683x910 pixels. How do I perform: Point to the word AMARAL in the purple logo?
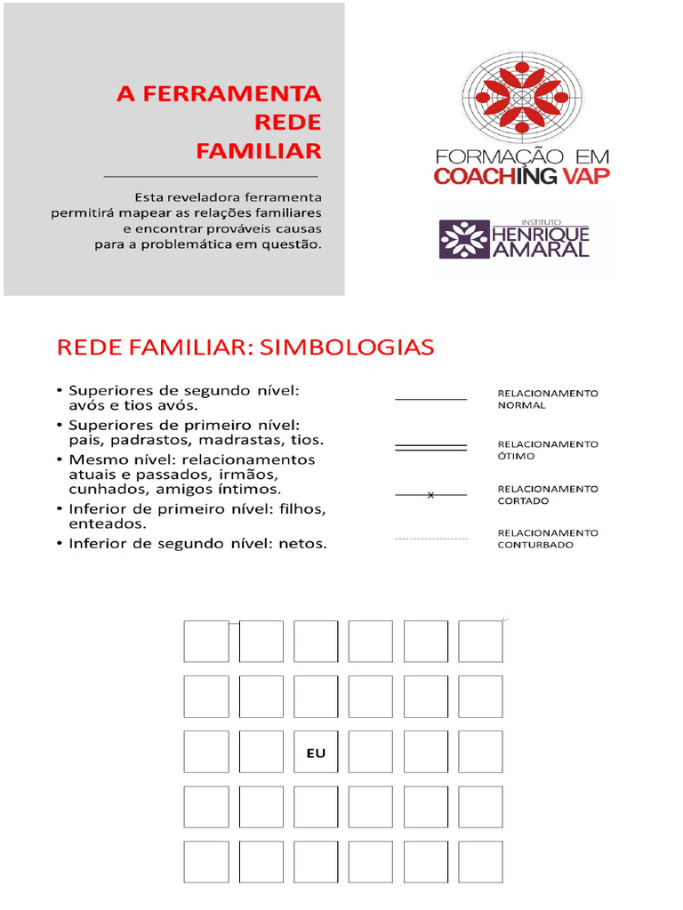(540, 248)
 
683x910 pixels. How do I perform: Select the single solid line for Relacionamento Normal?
(430, 400)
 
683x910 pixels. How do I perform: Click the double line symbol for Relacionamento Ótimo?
(430, 448)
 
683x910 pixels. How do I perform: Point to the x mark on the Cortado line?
(430, 495)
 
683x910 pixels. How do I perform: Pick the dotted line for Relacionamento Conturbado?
(430, 539)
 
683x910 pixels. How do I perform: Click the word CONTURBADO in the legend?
(535, 545)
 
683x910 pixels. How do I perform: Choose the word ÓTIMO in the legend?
(517, 456)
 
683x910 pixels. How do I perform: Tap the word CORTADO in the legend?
(523, 500)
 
